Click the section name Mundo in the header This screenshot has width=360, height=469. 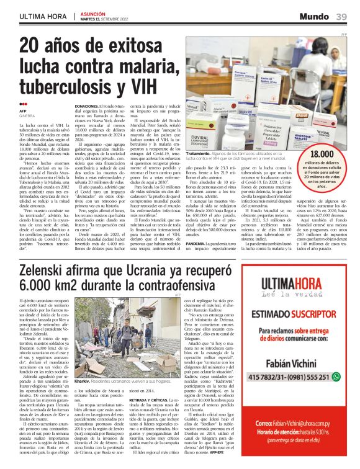[317, 15]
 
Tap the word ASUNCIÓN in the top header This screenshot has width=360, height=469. [93, 12]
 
